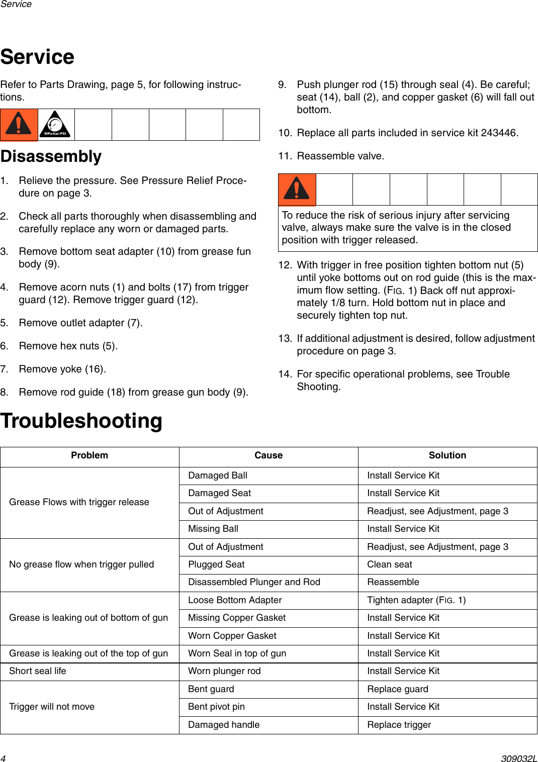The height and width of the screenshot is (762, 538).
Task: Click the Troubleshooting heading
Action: [x=81, y=421]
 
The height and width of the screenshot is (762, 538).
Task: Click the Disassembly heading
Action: [x=51, y=156]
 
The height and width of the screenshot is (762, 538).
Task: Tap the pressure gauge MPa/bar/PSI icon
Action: [x=55, y=125]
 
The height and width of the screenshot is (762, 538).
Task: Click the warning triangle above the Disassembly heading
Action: [x=19, y=124]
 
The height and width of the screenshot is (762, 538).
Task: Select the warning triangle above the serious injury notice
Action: [x=297, y=189]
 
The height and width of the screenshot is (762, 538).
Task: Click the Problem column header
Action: [x=89, y=455]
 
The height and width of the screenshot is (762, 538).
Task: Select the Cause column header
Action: [x=268, y=455]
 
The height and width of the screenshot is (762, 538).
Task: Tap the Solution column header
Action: [x=447, y=455]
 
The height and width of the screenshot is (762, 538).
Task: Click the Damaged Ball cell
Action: [x=218, y=475]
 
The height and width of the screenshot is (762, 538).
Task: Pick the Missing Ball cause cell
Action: [x=213, y=529]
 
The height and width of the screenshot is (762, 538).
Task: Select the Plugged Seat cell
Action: [x=216, y=564]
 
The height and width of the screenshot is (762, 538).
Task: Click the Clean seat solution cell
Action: [x=390, y=564]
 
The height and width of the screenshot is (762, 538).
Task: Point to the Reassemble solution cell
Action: [x=393, y=582]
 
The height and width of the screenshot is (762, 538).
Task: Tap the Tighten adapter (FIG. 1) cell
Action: [x=416, y=600]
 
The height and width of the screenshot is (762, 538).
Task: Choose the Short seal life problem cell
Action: [x=38, y=671]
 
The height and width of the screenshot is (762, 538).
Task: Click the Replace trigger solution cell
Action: [x=399, y=725]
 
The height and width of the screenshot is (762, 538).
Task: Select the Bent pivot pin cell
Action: [x=216, y=707]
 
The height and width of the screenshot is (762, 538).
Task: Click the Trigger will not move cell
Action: [x=52, y=707]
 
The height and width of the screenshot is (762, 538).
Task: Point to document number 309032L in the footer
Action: [x=519, y=758]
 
